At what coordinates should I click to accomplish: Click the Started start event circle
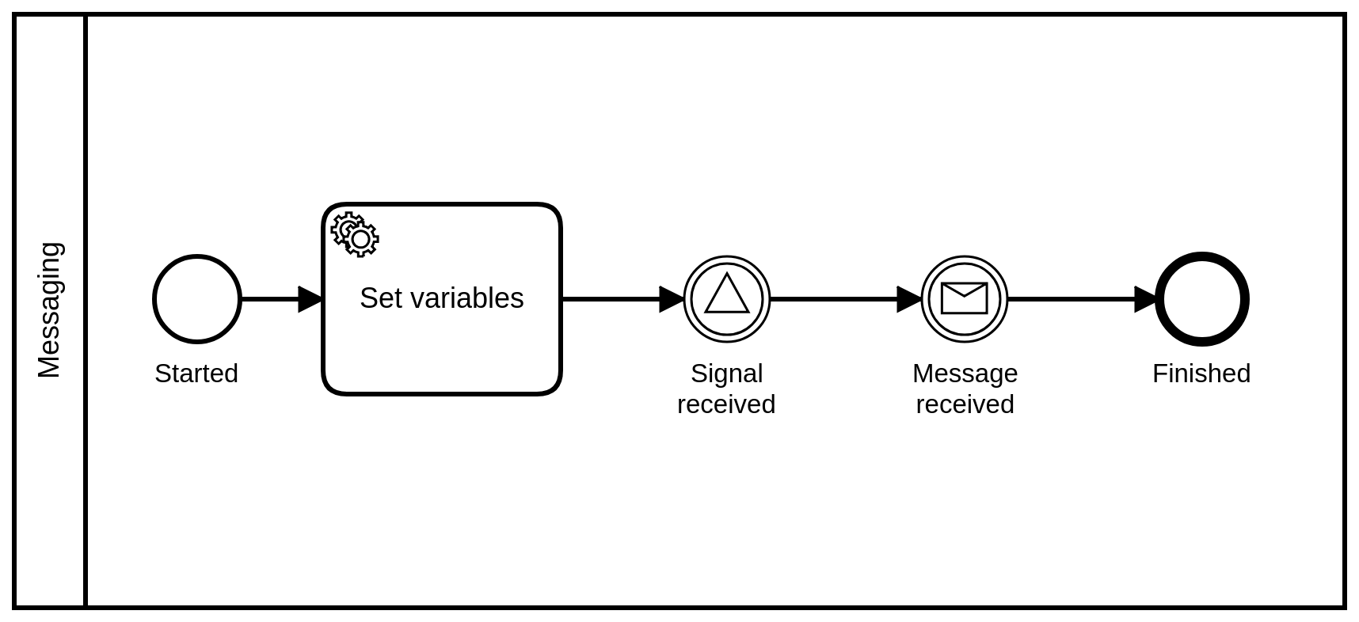(x=196, y=299)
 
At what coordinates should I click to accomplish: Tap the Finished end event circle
(x=1201, y=299)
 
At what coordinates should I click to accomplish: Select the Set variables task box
(x=442, y=348)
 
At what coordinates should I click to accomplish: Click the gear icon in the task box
(x=355, y=234)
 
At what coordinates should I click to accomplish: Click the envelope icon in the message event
(x=964, y=299)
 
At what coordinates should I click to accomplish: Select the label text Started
(x=196, y=374)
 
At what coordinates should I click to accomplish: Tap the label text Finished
(x=1201, y=374)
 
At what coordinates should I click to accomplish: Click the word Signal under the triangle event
(x=727, y=374)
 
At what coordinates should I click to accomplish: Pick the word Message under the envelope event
(x=965, y=374)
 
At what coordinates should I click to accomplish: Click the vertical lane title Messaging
(x=49, y=310)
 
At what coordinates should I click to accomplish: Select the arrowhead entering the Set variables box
(x=310, y=299)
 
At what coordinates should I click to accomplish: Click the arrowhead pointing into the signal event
(x=672, y=299)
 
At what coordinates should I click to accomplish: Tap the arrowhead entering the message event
(x=909, y=299)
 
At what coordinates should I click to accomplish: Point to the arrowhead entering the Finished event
(x=1146, y=299)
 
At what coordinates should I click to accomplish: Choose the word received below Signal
(x=726, y=404)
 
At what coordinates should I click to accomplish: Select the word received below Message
(x=965, y=404)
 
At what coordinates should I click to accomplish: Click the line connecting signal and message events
(x=832, y=299)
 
